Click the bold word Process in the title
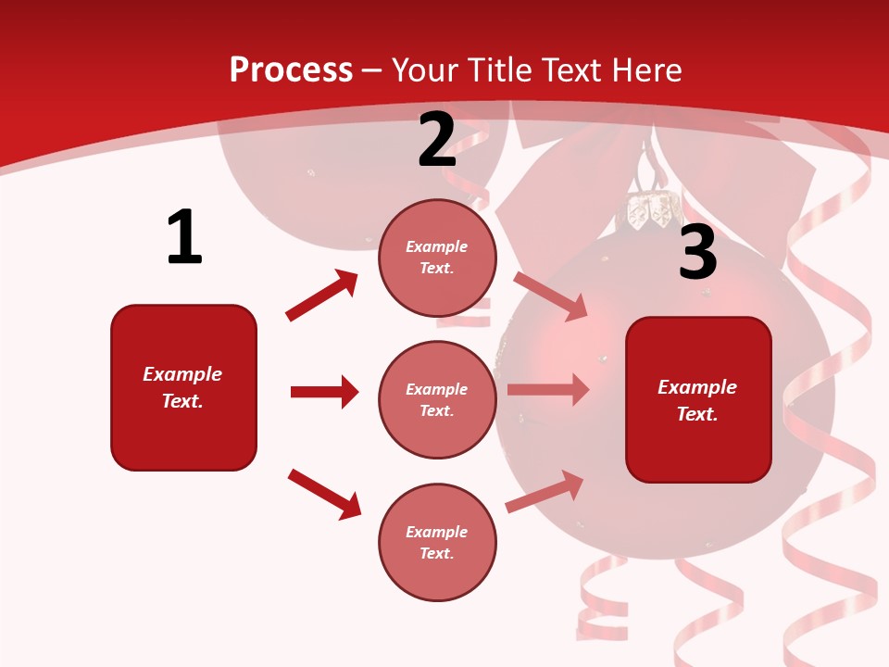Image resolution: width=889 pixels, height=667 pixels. (x=291, y=70)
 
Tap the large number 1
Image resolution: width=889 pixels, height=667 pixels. (x=184, y=237)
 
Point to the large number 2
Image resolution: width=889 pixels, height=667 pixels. (x=437, y=140)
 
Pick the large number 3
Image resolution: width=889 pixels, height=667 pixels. (x=697, y=252)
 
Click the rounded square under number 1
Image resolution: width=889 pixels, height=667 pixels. (x=183, y=387)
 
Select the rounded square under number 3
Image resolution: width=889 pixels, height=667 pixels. (x=698, y=400)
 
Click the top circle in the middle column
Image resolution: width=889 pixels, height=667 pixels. (x=437, y=258)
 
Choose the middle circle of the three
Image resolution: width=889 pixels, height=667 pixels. (x=437, y=399)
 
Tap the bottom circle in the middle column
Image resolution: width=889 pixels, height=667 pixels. (x=437, y=542)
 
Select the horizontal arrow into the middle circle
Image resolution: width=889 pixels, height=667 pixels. (x=324, y=392)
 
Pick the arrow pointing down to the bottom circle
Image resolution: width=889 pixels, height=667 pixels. (x=324, y=494)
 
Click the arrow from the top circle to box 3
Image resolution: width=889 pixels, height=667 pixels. (x=551, y=296)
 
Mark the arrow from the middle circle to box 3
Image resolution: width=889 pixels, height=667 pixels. (x=547, y=390)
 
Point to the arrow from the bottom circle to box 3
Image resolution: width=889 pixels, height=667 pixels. (x=545, y=492)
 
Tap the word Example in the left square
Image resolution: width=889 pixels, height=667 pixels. (x=182, y=374)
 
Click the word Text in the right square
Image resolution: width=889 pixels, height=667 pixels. (x=696, y=414)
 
